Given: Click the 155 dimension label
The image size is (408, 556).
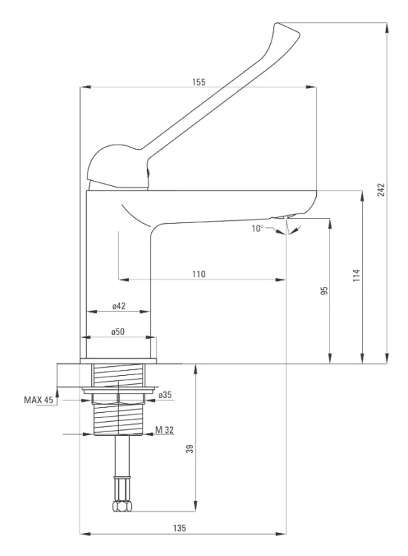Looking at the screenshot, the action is click(x=199, y=82).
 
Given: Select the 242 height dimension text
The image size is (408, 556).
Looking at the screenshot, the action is click(x=381, y=190).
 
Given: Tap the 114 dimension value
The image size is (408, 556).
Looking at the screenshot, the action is click(x=356, y=276).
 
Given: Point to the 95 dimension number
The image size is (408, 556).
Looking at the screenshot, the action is click(x=324, y=291).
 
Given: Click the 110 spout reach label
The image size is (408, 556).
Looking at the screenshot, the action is click(x=199, y=274).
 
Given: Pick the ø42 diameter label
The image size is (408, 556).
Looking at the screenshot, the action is click(x=119, y=306).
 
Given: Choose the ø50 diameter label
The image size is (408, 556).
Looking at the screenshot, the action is click(x=118, y=332).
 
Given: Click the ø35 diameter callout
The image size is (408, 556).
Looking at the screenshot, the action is click(x=165, y=395).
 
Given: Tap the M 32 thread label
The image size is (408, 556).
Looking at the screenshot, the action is click(x=165, y=430).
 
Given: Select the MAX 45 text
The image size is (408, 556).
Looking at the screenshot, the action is click(x=39, y=400).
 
